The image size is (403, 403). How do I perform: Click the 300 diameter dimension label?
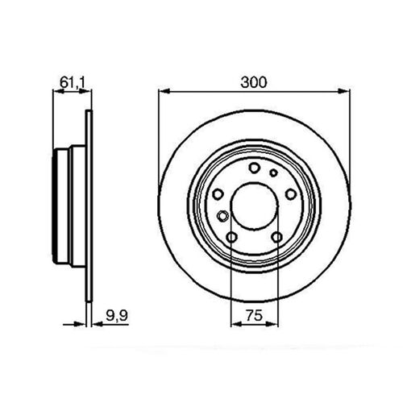click(254, 82)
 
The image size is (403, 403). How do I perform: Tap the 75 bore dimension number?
click(254, 315)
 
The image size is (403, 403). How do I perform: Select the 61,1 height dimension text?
click(73, 82)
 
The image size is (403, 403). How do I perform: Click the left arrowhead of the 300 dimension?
click(164, 91)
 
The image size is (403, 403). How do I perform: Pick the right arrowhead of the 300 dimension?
click(344, 91)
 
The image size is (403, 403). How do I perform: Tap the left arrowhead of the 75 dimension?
click(236, 324)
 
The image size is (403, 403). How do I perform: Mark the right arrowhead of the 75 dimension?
click(272, 324)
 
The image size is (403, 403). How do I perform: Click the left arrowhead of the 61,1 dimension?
click(58, 91)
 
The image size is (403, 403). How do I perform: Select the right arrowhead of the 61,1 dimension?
click(85, 91)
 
